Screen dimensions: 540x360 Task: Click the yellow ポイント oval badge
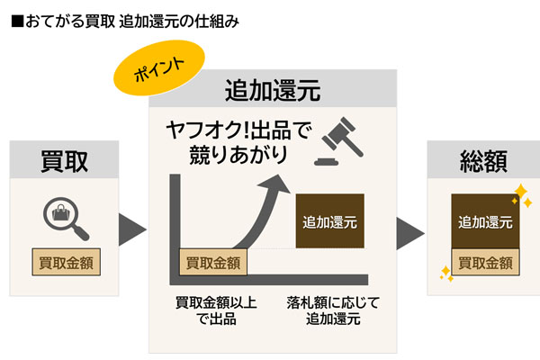159,67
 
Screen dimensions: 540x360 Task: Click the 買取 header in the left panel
65,161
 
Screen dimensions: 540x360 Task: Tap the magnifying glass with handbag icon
66,219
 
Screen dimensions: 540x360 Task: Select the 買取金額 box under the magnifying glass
66,262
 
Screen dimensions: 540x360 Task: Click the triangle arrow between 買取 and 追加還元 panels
131,229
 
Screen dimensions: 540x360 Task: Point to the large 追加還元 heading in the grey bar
273,90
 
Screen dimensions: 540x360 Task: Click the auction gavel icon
339,141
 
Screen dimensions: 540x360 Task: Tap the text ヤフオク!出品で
238,130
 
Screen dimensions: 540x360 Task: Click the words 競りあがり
238,154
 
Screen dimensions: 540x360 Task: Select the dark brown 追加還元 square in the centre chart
330,220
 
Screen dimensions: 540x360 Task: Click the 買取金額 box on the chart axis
213,262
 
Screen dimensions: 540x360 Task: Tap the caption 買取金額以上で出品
216,310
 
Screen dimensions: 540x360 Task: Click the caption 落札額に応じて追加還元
333,310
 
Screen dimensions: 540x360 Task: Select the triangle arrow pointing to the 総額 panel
409,233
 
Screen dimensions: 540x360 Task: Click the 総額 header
483,161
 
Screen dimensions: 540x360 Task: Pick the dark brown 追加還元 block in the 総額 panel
485,221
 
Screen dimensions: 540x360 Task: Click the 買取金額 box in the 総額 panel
485,262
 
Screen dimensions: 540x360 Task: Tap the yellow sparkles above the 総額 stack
522,195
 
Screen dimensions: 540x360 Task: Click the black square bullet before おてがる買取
17,21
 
